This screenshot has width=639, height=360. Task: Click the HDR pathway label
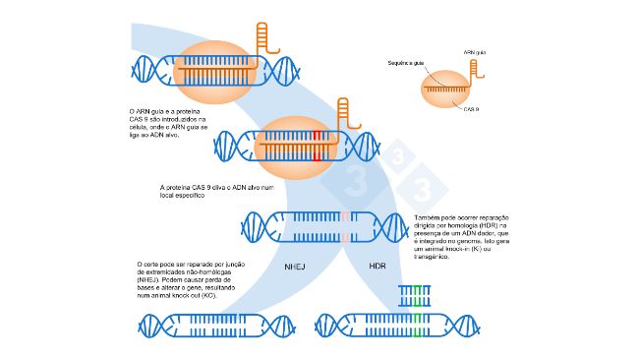click(x=378, y=267)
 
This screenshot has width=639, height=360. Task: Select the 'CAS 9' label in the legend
click(x=471, y=109)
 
